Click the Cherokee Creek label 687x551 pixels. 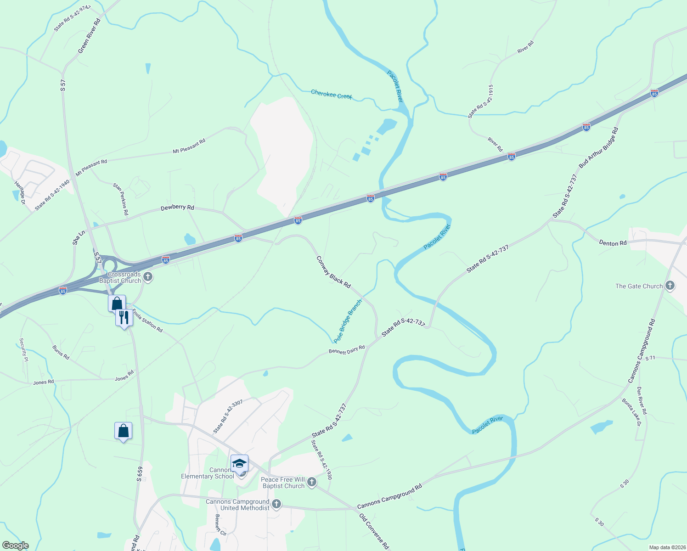331,94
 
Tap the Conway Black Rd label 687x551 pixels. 333,272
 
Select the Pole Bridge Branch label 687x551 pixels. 348,321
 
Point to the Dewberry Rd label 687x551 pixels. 177,208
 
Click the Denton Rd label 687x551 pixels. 613,243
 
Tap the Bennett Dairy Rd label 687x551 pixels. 347,350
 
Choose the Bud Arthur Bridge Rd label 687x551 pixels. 598,147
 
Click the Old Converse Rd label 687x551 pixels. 374,531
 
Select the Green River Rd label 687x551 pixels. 89,36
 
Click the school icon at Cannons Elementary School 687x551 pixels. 239,463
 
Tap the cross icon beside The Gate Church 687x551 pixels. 670,286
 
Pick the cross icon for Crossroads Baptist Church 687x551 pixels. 147,276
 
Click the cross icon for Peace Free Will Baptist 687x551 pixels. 312,482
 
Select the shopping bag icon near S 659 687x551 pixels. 123,431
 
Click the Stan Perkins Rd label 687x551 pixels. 121,199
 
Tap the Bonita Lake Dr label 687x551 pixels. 631,412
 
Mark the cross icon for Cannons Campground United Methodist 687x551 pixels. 276,504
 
